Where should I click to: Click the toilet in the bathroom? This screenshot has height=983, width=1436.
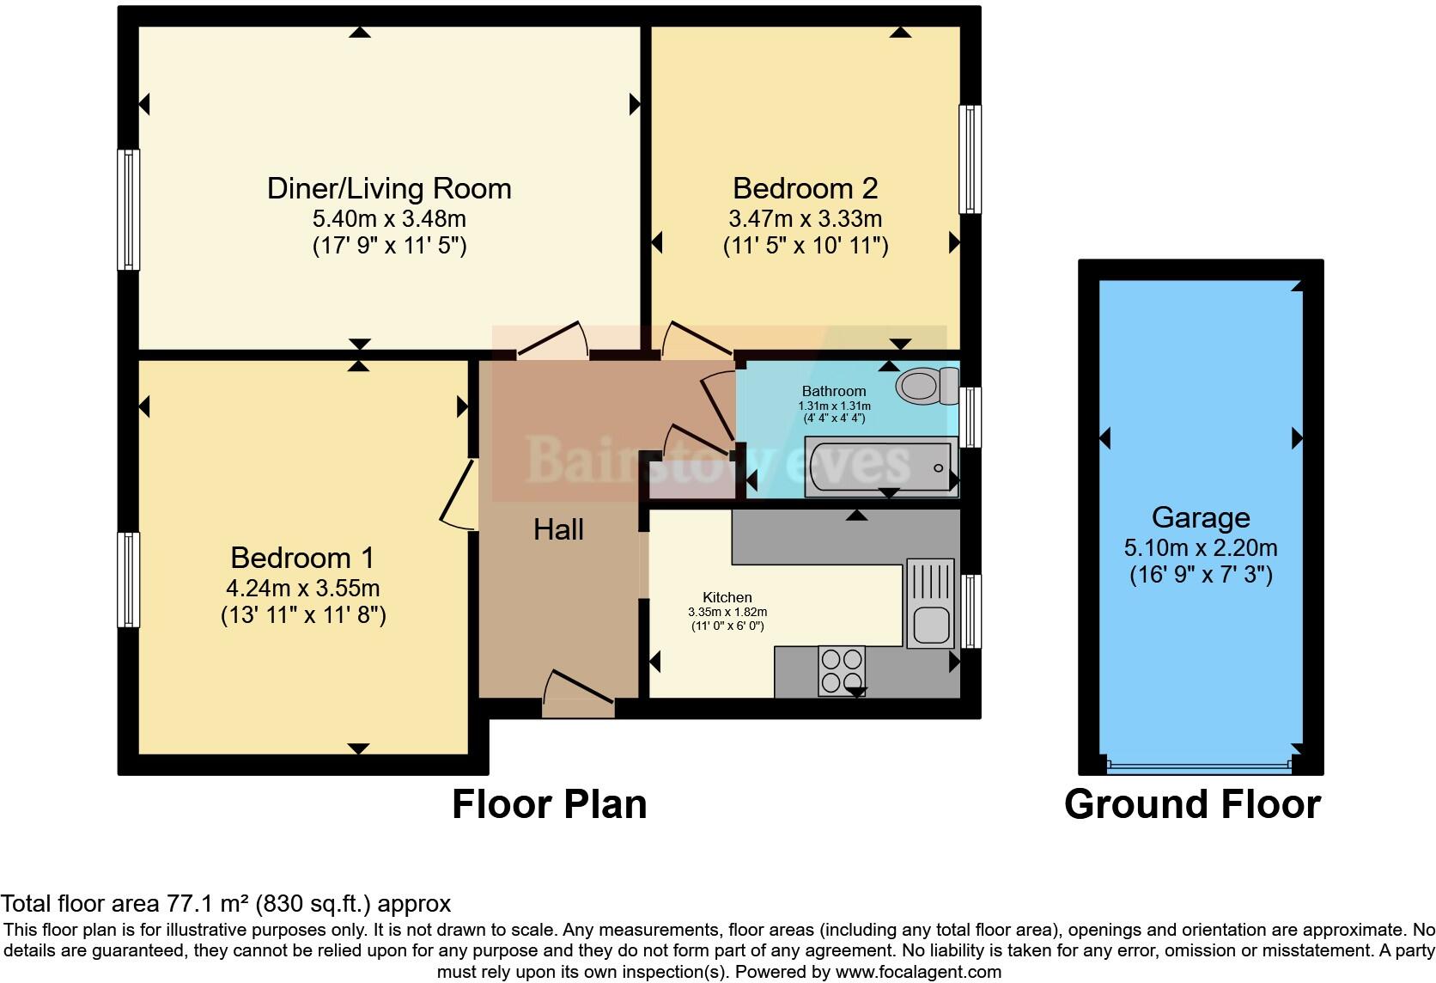pos(926,385)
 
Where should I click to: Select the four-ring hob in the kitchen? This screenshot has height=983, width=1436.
pos(841,670)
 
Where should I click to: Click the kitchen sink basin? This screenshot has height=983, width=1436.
pos(929,625)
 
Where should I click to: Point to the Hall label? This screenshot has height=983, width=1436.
pos(558,529)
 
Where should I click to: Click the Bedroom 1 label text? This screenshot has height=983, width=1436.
pos(302,558)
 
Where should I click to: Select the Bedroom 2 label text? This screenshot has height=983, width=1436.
pos(805,188)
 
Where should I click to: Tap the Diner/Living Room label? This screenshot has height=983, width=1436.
pos(389,188)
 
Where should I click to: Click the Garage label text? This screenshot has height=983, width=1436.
pos(1200,517)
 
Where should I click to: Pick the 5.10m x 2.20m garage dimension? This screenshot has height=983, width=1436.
pos(1200,547)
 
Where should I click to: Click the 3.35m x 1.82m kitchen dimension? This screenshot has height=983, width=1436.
pos(727,612)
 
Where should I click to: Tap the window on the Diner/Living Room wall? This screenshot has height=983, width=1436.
pos(128,210)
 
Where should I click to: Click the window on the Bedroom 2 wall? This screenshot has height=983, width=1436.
pos(970,159)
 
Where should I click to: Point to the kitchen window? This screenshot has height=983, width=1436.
pos(970,611)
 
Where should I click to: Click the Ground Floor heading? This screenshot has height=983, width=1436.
pos(1192,804)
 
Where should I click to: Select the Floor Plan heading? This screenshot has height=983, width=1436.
pos(549,804)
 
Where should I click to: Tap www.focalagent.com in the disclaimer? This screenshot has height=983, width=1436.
pos(918,972)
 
